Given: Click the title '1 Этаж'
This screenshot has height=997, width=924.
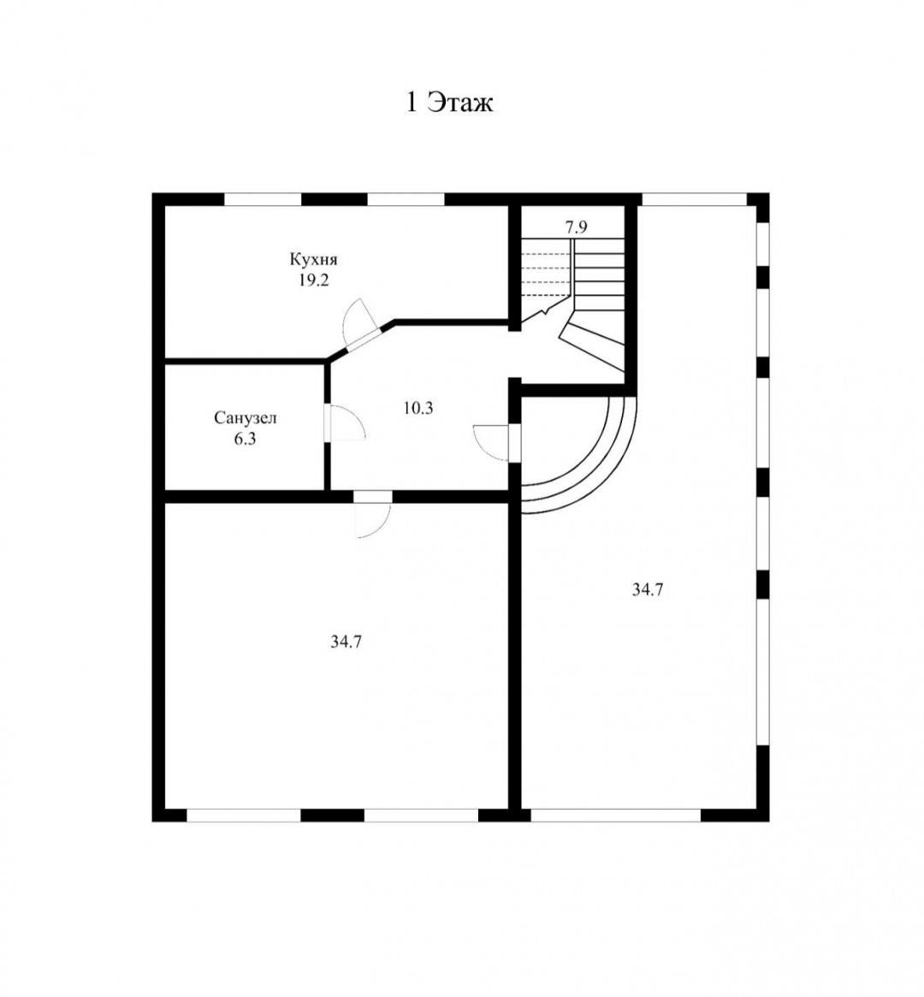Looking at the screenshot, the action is click(x=449, y=103).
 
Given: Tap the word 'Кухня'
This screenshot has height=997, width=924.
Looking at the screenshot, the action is click(x=314, y=259).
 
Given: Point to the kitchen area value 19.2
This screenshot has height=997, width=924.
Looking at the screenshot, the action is click(x=314, y=280).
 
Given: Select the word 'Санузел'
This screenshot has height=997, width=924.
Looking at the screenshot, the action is click(x=245, y=418).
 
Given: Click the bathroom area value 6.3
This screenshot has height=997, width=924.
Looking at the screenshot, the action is click(x=245, y=439).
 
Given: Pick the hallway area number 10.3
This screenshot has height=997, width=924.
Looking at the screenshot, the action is click(x=418, y=408).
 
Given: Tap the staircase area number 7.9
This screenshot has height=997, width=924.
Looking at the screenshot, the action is click(x=576, y=227).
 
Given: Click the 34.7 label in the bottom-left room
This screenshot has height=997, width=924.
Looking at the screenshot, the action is click(x=346, y=642).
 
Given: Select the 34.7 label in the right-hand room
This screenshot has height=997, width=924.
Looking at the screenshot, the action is click(x=647, y=589).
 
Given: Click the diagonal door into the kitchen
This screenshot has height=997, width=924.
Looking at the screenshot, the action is click(x=360, y=327).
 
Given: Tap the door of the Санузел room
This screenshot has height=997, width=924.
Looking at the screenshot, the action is click(x=344, y=422).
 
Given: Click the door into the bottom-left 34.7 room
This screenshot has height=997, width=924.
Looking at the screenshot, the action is click(x=373, y=515).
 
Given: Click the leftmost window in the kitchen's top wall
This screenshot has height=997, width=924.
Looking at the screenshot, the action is click(x=262, y=199).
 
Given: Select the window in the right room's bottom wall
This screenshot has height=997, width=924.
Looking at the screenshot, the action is click(x=615, y=815).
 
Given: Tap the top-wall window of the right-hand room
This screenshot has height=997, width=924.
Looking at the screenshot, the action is click(x=694, y=199).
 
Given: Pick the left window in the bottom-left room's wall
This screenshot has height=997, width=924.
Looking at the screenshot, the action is click(x=243, y=815).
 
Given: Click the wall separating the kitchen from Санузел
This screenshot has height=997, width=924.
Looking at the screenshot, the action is click(x=245, y=361).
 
